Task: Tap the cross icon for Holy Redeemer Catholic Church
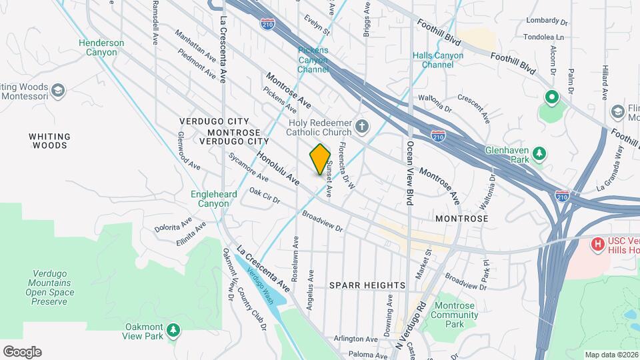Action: tap(361, 126)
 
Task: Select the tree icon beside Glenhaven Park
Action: tap(539, 155)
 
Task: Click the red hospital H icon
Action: tap(598, 245)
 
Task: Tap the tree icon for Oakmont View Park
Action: tap(173, 330)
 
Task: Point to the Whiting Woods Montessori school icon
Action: tap(58, 90)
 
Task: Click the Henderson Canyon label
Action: tap(101, 47)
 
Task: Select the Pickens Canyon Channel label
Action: tap(313, 60)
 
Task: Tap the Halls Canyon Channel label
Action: tap(437, 60)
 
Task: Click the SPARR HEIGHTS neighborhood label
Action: tap(367, 285)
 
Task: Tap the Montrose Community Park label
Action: tap(455, 315)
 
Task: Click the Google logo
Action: tap(22, 351)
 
